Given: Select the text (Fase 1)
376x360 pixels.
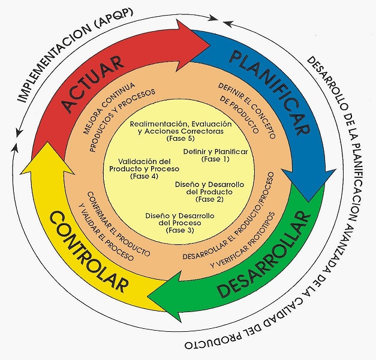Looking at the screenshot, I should pyautogui.click(x=215, y=159).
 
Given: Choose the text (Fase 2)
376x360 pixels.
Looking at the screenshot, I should pyautogui.click(x=209, y=199).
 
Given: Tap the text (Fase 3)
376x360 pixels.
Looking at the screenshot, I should pyautogui.click(x=180, y=231).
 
